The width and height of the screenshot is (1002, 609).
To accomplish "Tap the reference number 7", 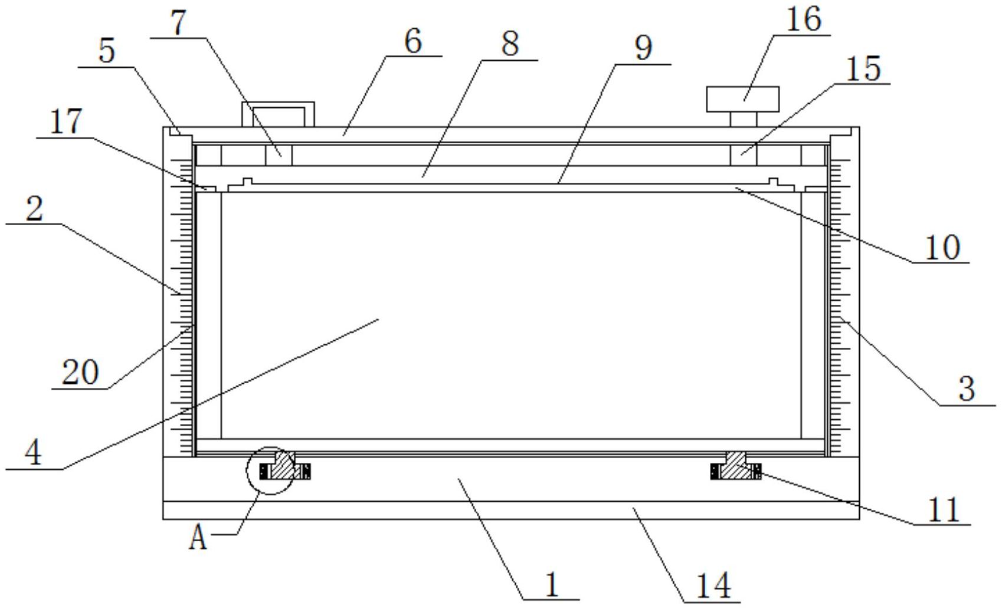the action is point(178,23).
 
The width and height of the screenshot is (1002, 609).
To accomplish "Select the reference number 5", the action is point(106,51).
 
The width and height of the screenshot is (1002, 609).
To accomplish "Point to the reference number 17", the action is point(65,122).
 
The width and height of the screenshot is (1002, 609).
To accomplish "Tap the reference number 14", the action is point(713,586).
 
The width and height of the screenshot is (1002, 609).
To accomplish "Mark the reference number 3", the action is point(967,389).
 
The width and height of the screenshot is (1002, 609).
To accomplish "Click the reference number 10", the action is point(942,247).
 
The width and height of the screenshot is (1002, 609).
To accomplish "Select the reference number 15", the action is point(863,68).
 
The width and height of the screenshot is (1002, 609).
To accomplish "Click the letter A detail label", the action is point(198,538).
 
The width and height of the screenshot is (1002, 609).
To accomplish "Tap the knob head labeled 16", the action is point(743,99).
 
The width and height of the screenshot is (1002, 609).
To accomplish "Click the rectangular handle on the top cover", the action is point(277,114).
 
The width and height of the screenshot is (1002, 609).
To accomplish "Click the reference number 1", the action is point(552,585).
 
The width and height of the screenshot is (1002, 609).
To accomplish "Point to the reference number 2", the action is point(34,209).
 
